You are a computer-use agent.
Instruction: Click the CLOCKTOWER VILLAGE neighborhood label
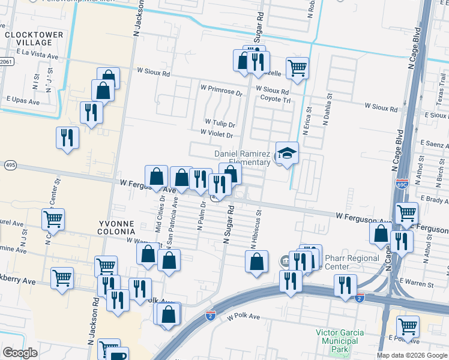tap(34, 39)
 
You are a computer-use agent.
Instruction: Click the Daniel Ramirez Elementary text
tap(243, 158)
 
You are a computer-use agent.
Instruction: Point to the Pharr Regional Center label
tap(352, 262)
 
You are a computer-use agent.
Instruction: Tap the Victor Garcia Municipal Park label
tap(337, 340)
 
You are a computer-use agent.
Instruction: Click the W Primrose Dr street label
tap(221, 94)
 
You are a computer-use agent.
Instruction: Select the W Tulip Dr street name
tap(219, 124)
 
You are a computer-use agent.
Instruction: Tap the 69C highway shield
tap(402, 180)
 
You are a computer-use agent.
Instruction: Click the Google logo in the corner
tap(20, 353)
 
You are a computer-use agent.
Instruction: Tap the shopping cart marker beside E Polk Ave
tap(408, 326)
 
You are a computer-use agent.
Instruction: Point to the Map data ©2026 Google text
tap(412, 355)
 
